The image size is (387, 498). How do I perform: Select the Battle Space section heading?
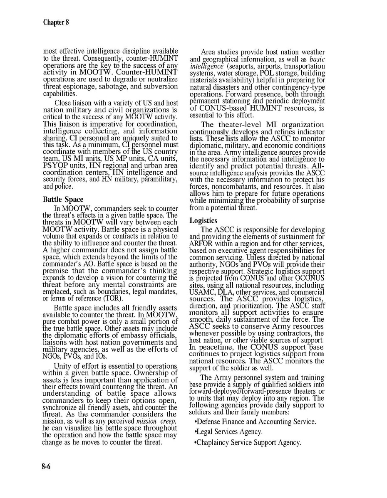63,200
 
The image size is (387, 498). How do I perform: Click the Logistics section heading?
203,220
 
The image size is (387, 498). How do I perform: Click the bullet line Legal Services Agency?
228,432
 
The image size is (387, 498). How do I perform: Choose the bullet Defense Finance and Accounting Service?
255,422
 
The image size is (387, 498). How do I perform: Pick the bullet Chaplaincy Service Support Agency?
248,443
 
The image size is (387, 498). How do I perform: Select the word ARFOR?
201,244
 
